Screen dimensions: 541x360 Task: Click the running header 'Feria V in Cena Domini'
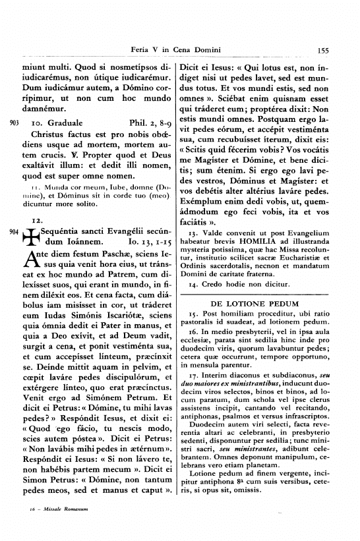[x=175, y=49]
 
